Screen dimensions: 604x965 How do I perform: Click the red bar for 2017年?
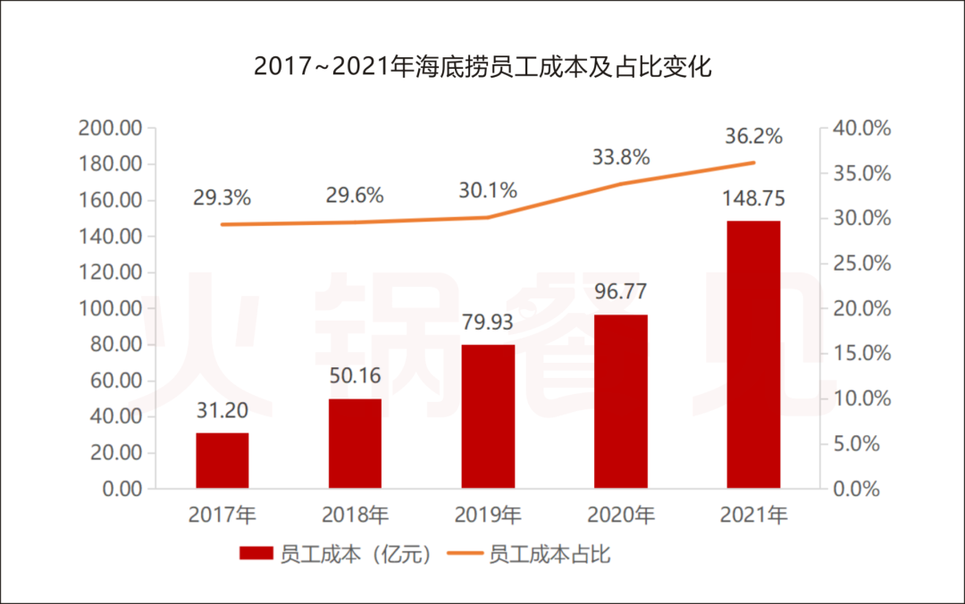click(x=222, y=460)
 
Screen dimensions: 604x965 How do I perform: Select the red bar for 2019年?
click(x=488, y=415)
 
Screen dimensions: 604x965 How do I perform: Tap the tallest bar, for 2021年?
click(x=753, y=354)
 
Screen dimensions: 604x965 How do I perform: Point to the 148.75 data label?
click(x=753, y=198)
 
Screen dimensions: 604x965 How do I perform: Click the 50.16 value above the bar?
click(x=355, y=375)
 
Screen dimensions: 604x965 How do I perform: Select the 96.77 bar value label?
click(x=620, y=291)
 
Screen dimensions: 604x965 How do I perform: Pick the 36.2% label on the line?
click(x=753, y=137)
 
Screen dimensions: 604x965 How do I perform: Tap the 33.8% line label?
click(x=620, y=157)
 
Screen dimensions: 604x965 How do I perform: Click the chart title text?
click(x=482, y=67)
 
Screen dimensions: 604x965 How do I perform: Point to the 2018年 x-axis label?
click(x=355, y=516)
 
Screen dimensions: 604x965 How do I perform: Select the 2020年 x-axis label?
click(x=620, y=516)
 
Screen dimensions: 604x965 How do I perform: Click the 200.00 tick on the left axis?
click(x=111, y=129)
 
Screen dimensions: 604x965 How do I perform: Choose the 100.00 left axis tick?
click(x=111, y=308)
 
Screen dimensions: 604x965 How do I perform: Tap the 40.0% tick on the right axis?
click(x=862, y=129)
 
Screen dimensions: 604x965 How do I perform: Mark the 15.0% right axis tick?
click(x=862, y=354)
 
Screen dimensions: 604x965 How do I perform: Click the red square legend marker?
click(x=256, y=555)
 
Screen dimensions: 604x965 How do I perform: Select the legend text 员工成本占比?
click(x=550, y=555)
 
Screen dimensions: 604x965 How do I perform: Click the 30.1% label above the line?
click(x=488, y=190)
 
